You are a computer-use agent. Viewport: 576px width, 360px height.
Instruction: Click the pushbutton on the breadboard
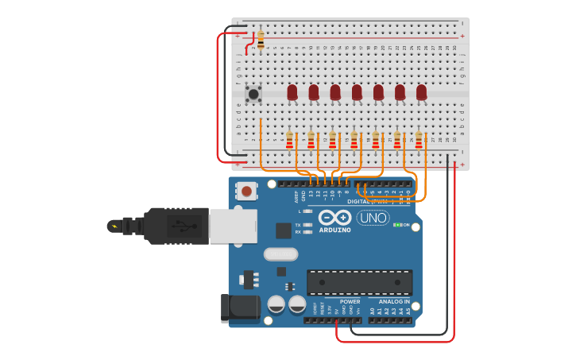253,94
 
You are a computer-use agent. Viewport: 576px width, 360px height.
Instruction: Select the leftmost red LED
292,92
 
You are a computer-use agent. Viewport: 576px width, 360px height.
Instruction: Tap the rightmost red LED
421,92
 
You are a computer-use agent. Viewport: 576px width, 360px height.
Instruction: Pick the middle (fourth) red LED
357,92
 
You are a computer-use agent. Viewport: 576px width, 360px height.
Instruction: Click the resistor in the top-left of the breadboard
261,37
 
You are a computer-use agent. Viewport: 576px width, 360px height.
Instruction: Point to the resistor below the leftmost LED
290,141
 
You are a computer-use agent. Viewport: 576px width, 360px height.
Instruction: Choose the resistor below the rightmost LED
419,141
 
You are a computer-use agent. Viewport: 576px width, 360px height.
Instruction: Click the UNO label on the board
373,218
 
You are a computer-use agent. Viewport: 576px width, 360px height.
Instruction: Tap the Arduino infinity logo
335,218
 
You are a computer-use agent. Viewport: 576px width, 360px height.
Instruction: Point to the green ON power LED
396,225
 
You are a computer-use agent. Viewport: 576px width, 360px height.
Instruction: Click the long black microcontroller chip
359,281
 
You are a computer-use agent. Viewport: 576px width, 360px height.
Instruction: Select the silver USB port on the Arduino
233,226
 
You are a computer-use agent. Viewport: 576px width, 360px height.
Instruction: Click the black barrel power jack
239,308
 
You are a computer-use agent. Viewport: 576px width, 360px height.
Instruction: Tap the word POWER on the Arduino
350,302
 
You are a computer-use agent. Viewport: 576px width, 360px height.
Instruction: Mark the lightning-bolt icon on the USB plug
116,226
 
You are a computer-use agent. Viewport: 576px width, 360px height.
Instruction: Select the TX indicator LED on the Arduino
307,225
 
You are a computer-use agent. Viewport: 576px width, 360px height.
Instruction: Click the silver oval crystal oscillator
280,254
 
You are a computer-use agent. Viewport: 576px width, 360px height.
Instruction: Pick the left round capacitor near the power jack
276,304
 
